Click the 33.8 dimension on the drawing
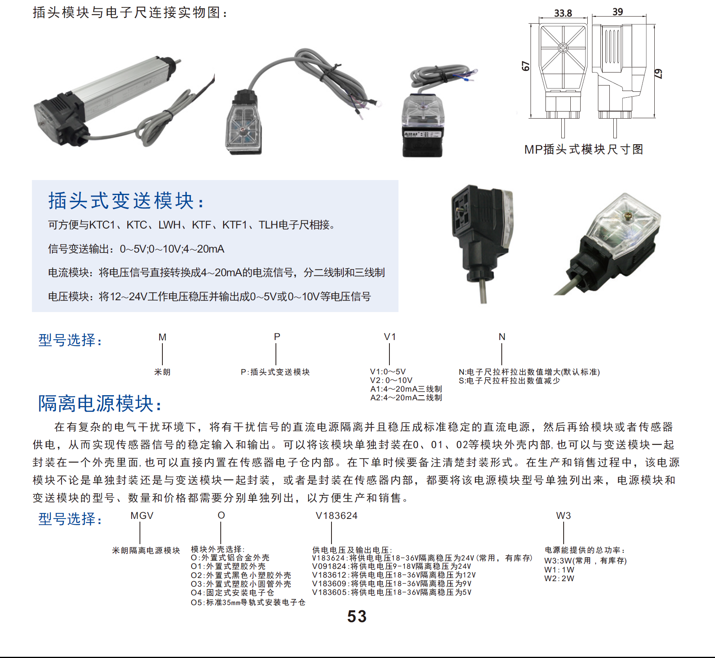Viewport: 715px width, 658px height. [x=563, y=13]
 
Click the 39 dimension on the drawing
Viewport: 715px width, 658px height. [x=618, y=12]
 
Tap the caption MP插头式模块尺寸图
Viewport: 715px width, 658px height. [x=583, y=149]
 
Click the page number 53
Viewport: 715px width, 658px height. [x=357, y=617]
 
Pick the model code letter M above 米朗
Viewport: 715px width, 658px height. [x=162, y=337]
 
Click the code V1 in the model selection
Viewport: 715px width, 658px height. [x=390, y=337]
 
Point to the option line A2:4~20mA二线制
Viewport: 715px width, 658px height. [x=406, y=398]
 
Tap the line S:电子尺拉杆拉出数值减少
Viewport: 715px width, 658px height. [x=509, y=381]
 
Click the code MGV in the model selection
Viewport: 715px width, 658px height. [x=142, y=516]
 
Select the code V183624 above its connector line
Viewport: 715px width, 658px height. [x=337, y=516]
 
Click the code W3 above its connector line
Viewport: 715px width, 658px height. [x=563, y=516]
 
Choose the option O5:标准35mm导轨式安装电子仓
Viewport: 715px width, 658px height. [x=248, y=602]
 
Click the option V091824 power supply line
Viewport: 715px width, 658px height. [x=391, y=567]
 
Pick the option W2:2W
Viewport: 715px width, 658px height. [x=559, y=579]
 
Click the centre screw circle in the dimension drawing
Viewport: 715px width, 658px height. [x=563, y=48]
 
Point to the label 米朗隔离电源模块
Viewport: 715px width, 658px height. [x=146, y=550]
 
